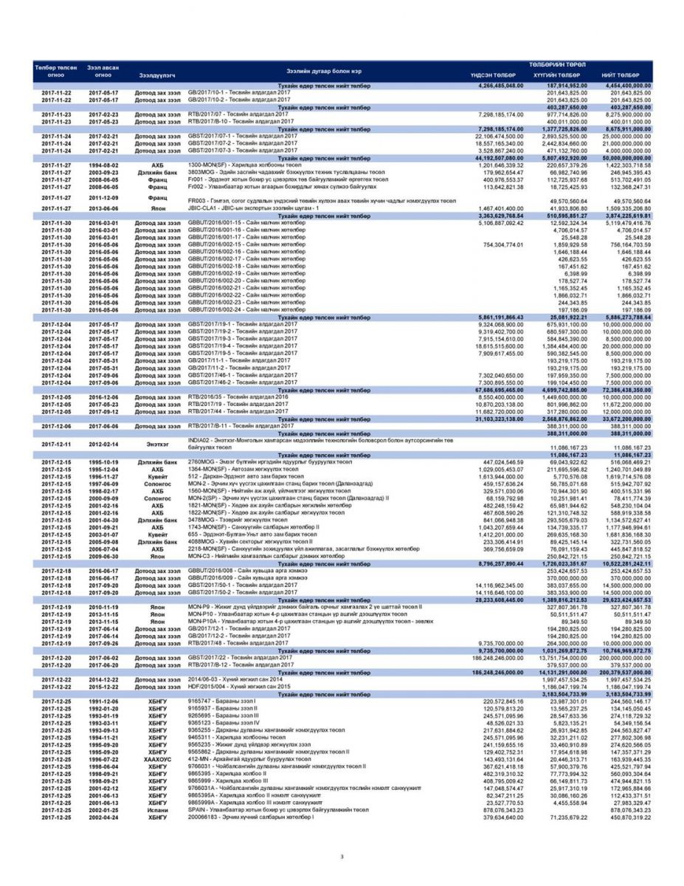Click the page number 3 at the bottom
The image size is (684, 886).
[x=342, y=856]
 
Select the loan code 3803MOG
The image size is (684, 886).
[x=202, y=171]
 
